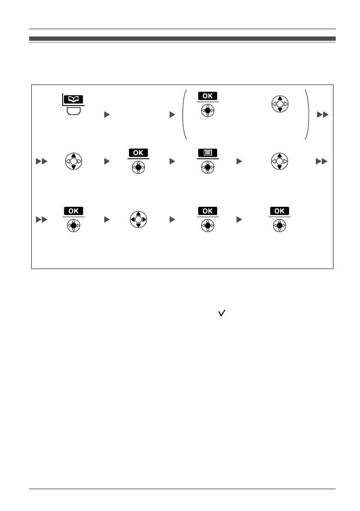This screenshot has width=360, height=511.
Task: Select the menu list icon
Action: tap(208, 152)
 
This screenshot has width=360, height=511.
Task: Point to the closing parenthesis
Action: tap(306, 114)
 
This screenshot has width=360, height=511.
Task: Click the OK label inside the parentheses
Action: tap(208, 96)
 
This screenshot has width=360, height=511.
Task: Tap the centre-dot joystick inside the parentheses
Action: tap(208, 109)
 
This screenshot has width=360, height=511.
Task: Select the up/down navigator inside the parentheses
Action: tap(280, 104)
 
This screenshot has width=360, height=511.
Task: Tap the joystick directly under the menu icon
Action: tap(208, 166)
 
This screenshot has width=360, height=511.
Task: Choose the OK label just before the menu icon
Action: tap(138, 152)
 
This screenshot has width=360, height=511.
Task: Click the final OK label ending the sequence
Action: tap(279, 211)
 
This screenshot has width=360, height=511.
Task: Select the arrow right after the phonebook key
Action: tap(107, 115)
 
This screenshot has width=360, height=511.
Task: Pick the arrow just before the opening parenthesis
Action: tap(172, 115)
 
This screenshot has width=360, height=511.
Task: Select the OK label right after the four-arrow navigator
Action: tap(208, 211)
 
